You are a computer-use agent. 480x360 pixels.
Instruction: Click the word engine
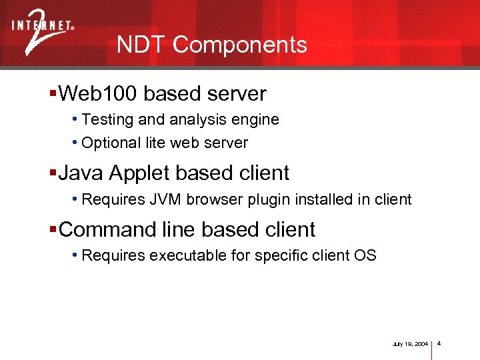coord(259,120)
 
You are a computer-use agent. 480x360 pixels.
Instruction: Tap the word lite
coord(155,143)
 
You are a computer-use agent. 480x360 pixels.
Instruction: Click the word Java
coord(81,173)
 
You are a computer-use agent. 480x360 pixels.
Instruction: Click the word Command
coord(107,229)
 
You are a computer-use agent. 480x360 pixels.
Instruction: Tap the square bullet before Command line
coord(53,229)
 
